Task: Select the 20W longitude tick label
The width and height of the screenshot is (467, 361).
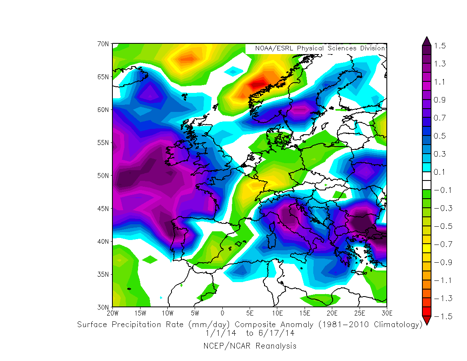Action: point(112,313)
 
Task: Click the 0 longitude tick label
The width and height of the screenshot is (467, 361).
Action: point(222,313)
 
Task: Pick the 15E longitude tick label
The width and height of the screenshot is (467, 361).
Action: point(305,313)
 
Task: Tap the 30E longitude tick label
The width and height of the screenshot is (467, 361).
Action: point(387,313)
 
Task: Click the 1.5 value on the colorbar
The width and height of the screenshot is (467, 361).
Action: point(440,45)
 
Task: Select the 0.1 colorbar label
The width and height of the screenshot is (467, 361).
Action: point(440,172)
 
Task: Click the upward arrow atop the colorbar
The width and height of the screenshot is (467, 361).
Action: point(427,41)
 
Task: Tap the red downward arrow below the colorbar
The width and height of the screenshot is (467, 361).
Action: point(427,320)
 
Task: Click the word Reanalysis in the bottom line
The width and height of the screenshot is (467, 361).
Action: point(276,346)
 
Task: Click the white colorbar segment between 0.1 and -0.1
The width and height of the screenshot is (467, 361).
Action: point(427,181)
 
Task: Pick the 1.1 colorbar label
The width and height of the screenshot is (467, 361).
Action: point(440,82)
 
